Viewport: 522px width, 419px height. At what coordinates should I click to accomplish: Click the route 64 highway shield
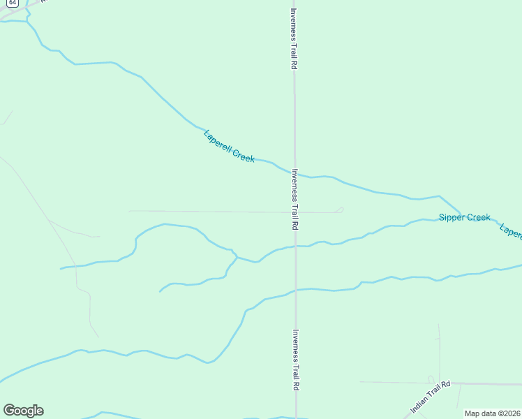point(4,3)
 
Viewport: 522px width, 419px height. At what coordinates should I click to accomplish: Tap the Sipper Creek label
point(465,218)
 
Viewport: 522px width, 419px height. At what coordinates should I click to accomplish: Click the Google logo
point(23,411)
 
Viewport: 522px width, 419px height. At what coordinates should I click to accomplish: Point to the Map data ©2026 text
point(492,413)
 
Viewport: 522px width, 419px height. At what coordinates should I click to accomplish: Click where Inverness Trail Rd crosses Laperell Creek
point(294,172)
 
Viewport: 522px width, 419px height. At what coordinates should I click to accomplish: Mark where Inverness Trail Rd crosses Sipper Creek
point(295,246)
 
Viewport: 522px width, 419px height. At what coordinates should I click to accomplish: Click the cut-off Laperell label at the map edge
point(511,232)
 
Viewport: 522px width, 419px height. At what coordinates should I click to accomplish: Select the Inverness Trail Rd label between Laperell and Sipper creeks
point(295,200)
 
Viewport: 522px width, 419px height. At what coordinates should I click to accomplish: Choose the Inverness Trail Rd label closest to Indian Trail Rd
point(296,360)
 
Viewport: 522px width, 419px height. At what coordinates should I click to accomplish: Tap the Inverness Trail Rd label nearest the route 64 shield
point(294,38)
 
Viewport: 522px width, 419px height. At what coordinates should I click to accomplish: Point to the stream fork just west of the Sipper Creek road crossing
point(237,257)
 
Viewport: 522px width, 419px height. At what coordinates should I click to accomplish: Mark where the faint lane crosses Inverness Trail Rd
point(294,212)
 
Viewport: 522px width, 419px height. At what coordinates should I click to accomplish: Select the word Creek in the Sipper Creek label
point(479,218)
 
